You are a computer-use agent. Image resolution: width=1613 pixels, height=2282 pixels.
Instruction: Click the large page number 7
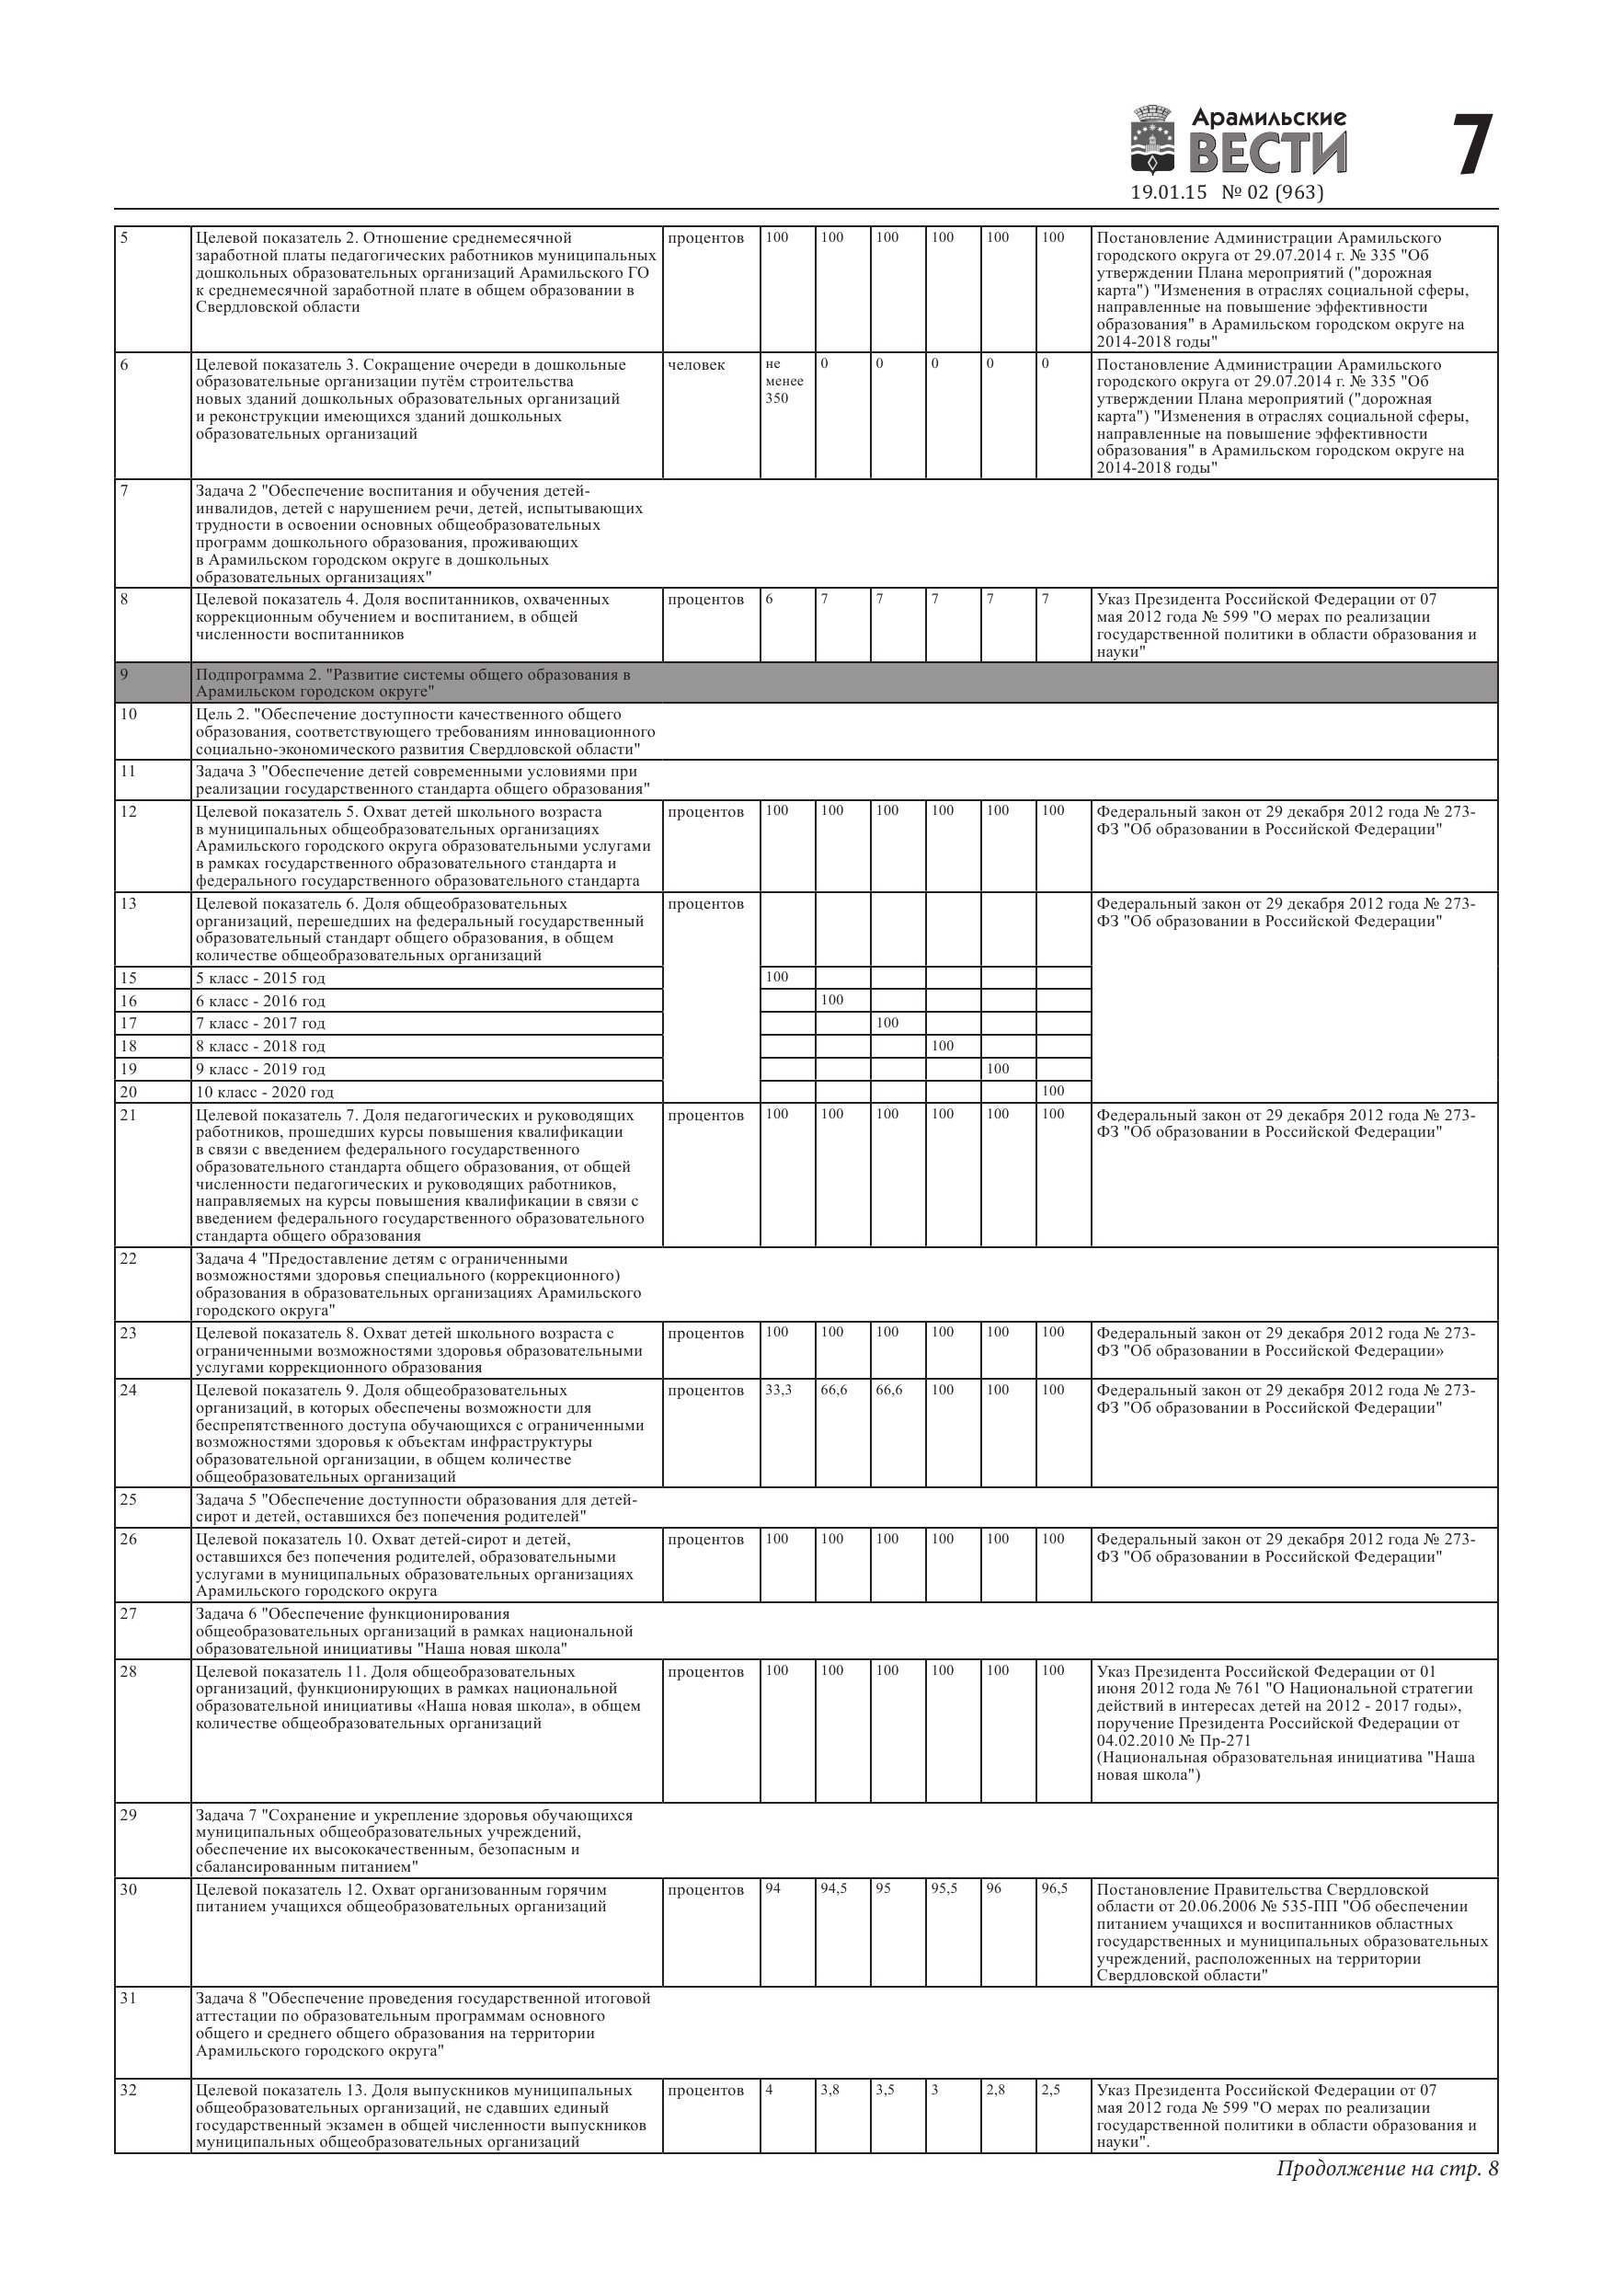(x=1472, y=145)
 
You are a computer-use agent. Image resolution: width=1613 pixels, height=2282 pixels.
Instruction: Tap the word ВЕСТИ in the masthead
(x=1268, y=153)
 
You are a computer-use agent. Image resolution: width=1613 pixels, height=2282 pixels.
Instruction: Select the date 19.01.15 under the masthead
(x=1169, y=193)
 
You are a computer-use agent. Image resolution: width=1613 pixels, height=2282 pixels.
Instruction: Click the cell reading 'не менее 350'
(x=784, y=381)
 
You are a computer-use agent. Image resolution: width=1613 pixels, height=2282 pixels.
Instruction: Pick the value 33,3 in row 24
(x=778, y=1390)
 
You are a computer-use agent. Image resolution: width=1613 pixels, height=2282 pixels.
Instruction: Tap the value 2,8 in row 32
(x=996, y=2089)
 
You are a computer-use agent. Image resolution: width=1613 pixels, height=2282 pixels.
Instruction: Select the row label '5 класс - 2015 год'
(x=260, y=978)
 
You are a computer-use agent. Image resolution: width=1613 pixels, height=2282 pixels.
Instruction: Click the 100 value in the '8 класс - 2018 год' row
(x=943, y=1046)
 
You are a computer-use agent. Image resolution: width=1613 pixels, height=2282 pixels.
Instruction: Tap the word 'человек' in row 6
(x=697, y=365)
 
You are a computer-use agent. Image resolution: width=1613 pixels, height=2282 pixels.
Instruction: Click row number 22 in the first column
(x=128, y=1258)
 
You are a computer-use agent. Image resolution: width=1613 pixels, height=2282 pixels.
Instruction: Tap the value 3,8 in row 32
(x=830, y=2089)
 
